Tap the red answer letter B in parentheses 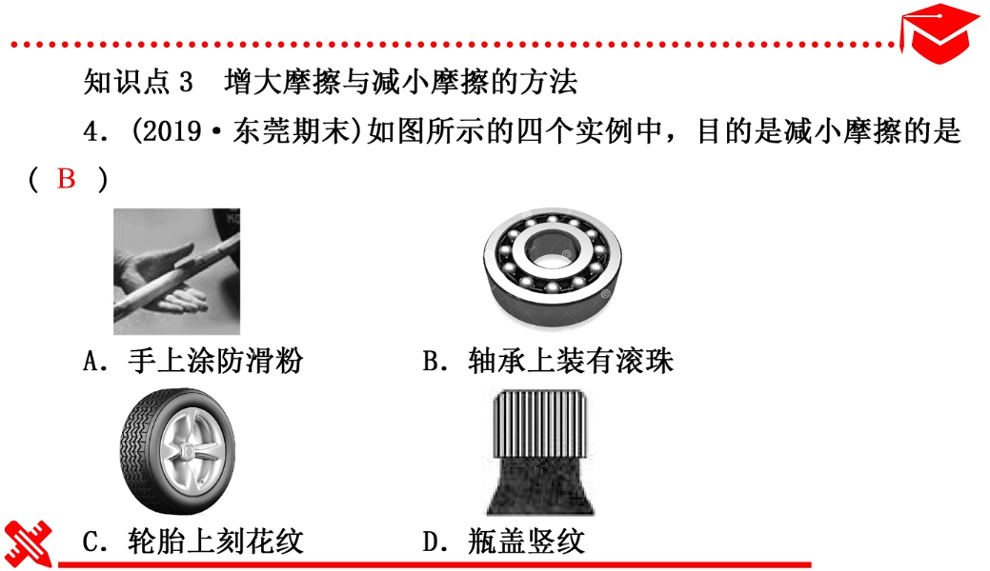coord(67,179)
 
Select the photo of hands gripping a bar coord(177,271)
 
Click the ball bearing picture coord(552,267)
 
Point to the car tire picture coord(177,451)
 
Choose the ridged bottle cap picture coord(540,452)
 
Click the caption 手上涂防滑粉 coord(215,361)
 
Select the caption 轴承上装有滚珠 coord(571,361)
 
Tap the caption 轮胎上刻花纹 coord(215,541)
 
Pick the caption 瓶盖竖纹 coord(527,541)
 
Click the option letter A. coord(91,362)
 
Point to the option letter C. coord(91,542)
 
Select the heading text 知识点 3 coord(138,82)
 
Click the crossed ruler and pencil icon coord(28,543)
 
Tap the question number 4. coord(91,132)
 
